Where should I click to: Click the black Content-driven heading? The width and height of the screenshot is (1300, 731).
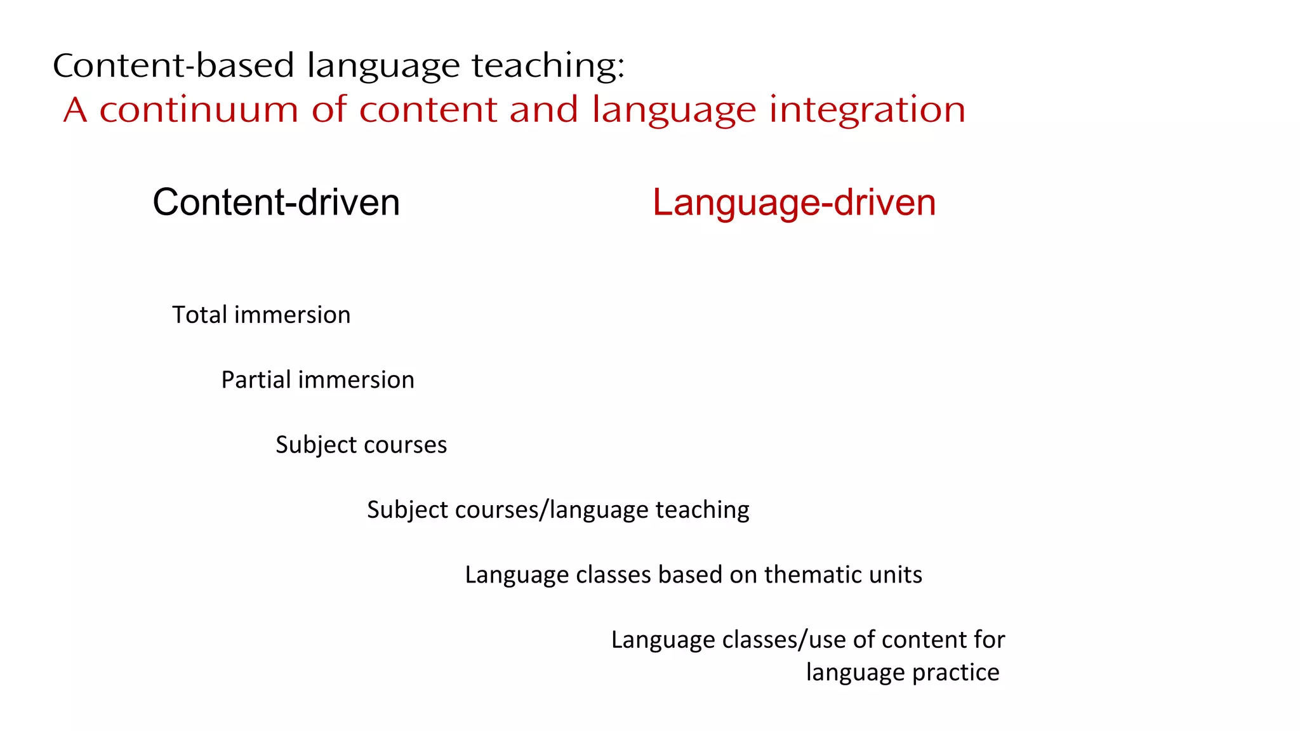pos(276,202)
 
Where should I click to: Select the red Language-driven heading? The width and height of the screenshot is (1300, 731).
pos(794,202)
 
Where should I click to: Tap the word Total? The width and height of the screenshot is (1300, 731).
pos(199,315)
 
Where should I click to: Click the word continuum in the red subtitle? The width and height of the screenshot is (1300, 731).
pos(199,110)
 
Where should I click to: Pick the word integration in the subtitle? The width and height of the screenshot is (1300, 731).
pos(868,110)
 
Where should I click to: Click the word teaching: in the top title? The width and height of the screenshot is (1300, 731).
pos(548,65)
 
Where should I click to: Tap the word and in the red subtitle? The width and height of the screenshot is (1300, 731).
pos(543,110)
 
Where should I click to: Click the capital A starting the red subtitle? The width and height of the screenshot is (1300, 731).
pos(75,110)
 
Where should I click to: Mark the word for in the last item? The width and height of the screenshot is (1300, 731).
pos(990,640)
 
